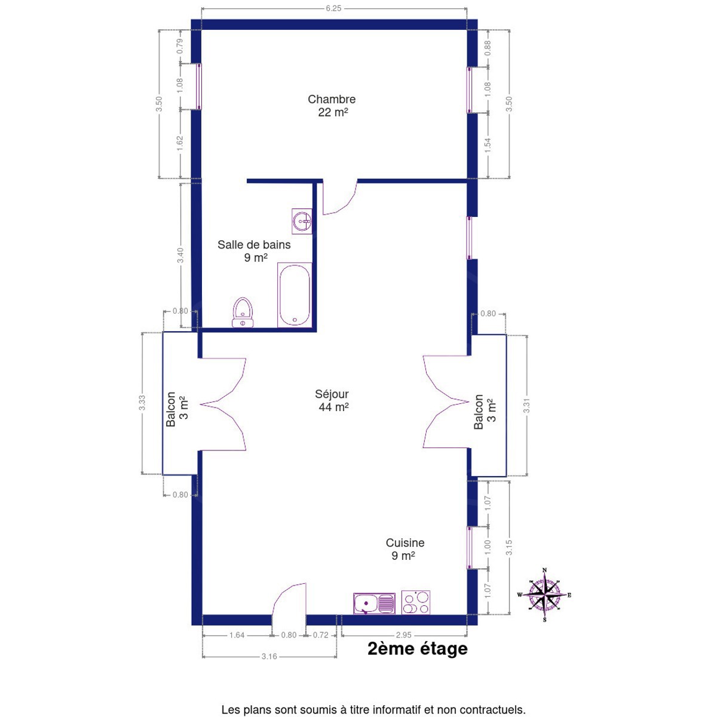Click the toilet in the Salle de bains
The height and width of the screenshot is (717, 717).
243,312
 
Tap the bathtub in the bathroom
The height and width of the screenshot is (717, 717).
295,295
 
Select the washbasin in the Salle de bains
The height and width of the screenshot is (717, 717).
302,222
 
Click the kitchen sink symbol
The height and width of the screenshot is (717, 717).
374,603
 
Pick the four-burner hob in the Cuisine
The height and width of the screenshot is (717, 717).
416,602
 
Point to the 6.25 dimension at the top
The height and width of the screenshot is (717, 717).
333,8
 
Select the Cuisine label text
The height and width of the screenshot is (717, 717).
405,543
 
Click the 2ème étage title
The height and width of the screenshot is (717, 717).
418,648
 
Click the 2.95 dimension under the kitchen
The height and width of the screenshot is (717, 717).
404,635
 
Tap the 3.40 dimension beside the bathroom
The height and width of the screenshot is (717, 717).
180,255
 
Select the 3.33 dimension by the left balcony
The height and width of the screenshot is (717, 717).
142,403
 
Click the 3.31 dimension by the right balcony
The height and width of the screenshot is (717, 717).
526,406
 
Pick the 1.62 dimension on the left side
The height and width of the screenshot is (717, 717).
180,143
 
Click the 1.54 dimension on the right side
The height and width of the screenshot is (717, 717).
488,145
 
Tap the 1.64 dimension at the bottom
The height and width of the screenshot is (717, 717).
237,635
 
